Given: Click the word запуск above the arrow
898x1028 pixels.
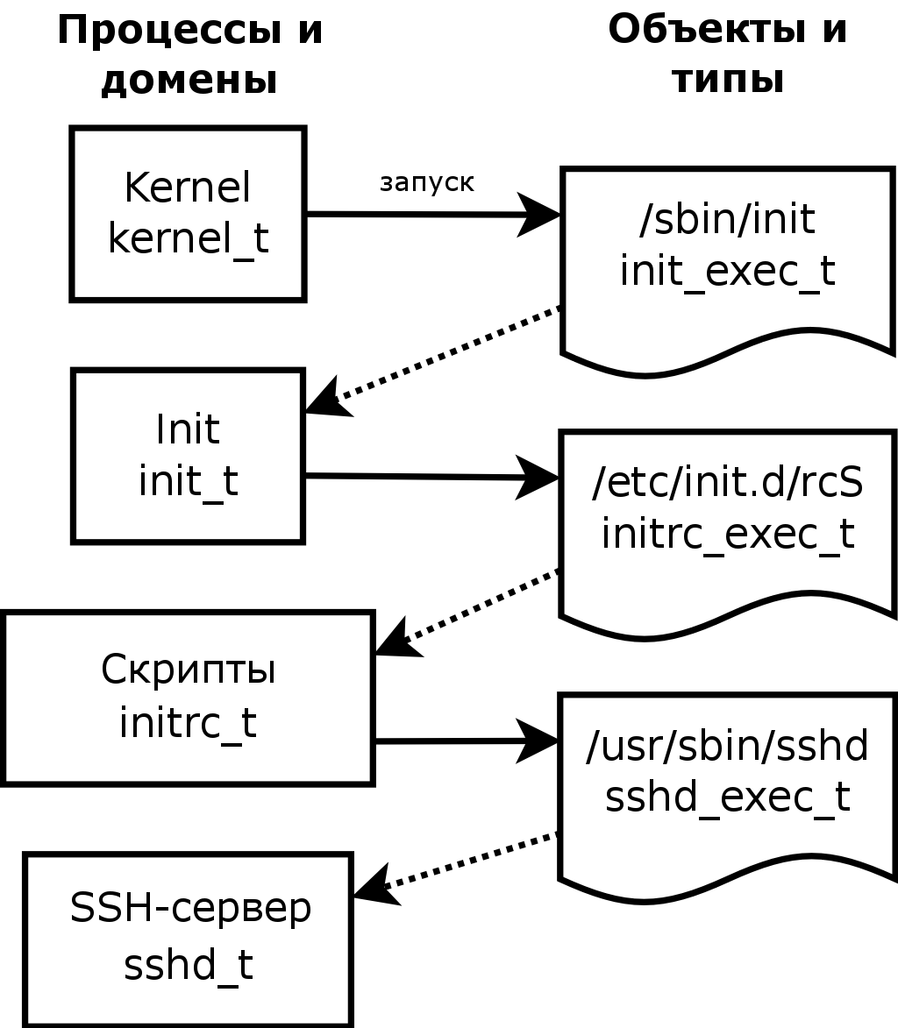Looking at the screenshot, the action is point(426,183).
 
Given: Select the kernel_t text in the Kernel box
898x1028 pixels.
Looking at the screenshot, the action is point(189,238).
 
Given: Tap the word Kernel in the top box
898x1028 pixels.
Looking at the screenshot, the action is point(188,188).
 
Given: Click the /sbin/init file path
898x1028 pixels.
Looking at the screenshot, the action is point(728,220).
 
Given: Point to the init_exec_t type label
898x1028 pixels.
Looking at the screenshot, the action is point(728,271).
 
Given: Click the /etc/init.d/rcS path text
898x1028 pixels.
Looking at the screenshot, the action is point(728,483).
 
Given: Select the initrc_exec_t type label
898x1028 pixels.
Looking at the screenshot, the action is point(728,534).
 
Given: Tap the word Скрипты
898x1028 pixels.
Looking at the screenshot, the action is point(189,670).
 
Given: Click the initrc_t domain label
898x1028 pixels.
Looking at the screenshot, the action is point(189,722).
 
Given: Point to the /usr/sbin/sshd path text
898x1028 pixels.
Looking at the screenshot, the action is point(728,746).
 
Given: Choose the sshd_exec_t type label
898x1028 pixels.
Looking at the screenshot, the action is point(728,798).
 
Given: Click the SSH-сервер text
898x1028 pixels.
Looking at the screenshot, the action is point(190,909).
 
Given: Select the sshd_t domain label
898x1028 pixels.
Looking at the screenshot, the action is point(189,964).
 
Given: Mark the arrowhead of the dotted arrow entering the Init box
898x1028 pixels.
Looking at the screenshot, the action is point(326,398).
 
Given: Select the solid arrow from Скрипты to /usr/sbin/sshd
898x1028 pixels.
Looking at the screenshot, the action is point(467,741).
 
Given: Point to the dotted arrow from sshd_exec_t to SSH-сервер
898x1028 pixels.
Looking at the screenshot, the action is point(456,868).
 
